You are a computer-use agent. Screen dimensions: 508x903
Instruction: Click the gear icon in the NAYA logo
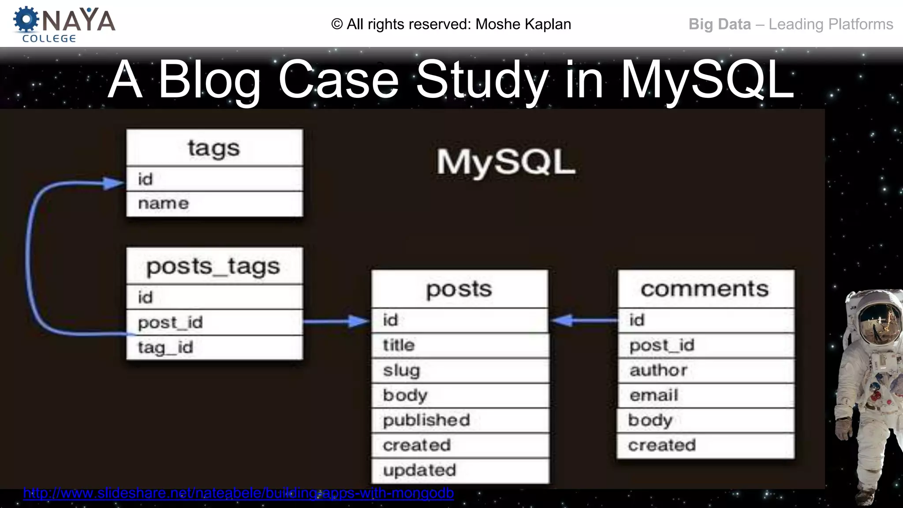click(26, 20)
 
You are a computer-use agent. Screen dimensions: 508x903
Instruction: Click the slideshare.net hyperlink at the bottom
click(238, 493)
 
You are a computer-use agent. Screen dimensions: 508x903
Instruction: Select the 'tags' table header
click(214, 148)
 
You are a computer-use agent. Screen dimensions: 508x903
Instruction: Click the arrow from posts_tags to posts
click(337, 321)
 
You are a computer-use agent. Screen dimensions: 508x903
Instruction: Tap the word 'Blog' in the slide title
click(209, 80)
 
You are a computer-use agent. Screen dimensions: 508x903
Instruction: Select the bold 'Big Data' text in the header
click(720, 24)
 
